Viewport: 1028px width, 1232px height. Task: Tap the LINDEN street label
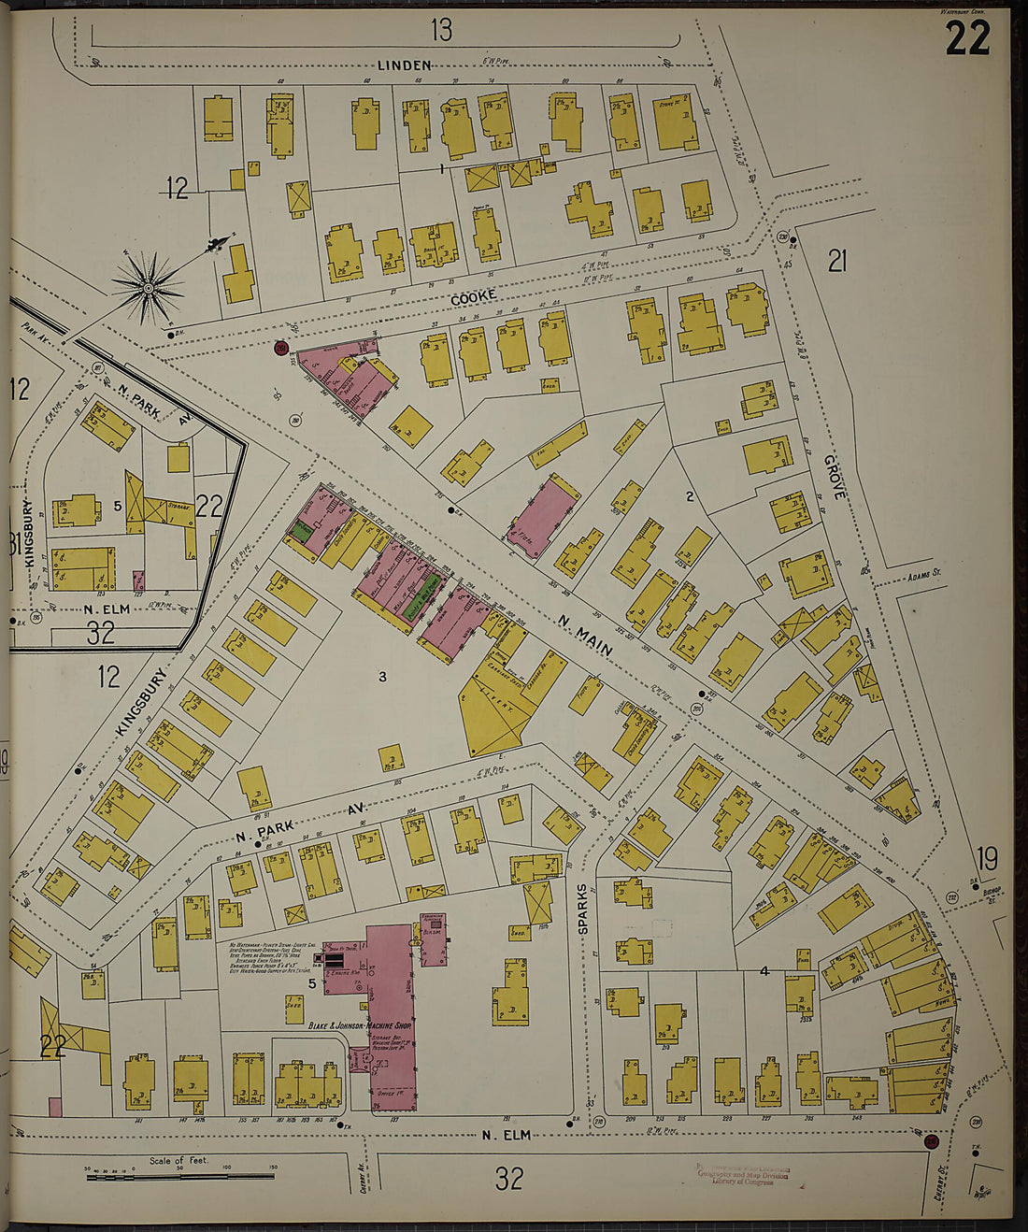405,65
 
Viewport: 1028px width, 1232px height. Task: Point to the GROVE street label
833,478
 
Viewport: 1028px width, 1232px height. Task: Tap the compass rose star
148,289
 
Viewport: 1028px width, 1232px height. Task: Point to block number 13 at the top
441,31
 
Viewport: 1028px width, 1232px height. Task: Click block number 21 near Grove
836,262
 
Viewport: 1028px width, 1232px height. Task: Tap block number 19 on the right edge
988,857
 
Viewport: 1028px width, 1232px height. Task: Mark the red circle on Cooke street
279,349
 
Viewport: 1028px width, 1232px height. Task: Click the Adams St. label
924,577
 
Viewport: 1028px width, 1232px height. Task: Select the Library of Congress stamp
743,1174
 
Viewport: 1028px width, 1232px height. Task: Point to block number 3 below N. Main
381,677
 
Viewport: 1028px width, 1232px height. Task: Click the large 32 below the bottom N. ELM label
508,1179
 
